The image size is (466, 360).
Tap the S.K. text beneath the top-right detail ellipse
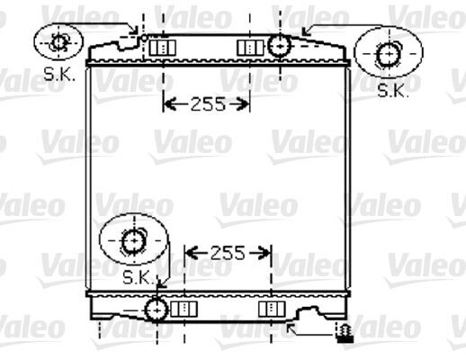[x=391, y=89]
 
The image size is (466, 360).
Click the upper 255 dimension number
[x=207, y=103]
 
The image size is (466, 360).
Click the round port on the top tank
[x=281, y=44]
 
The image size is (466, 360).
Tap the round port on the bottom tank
[x=157, y=310]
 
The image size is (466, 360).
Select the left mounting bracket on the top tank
[x=160, y=47]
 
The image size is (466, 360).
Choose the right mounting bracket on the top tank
[x=246, y=47]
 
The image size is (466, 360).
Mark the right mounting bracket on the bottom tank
[x=269, y=310]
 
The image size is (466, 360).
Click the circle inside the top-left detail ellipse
[x=59, y=41]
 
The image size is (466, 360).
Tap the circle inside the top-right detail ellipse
[x=389, y=54]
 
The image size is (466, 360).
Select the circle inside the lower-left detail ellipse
[x=132, y=241]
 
